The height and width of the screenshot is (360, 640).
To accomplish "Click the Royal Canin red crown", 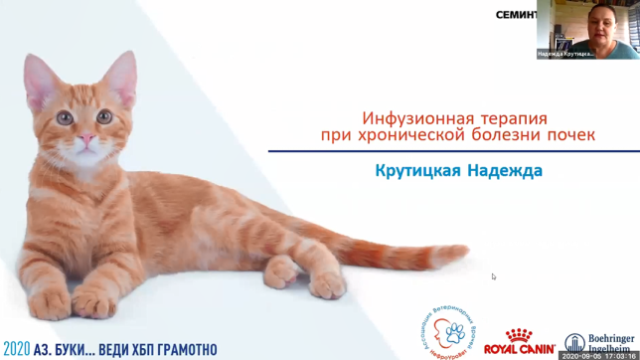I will (x=519, y=336).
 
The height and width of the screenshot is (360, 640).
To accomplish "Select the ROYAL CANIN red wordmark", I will (x=518, y=349).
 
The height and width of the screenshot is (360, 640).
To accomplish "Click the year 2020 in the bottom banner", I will (x=16, y=350).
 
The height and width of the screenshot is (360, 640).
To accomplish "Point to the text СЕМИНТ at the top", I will (x=516, y=15).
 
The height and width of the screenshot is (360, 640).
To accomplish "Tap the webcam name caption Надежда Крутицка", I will (x=566, y=54).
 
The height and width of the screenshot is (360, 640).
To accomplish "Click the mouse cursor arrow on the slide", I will (x=493, y=276).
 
